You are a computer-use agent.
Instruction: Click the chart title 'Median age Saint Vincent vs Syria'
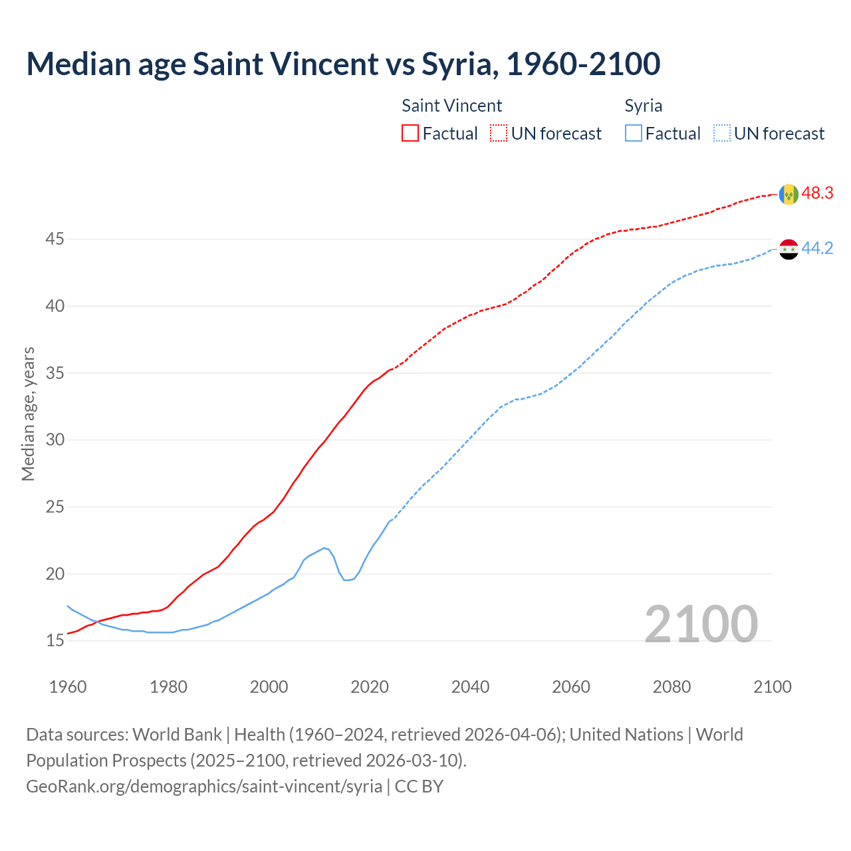343,64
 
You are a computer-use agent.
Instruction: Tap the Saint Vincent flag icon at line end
789,194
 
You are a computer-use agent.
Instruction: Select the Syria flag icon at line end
789,249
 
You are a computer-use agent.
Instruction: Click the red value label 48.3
817,193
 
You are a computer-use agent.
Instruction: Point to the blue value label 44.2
817,249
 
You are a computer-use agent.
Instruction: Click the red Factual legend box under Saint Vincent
410,134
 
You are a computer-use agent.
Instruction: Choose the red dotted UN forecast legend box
499,134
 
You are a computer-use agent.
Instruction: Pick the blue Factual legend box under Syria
634,134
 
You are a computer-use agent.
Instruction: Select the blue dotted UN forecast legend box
722,134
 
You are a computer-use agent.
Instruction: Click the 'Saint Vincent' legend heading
451,106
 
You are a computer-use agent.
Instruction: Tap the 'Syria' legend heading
643,106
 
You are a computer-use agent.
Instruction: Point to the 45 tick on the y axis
55,239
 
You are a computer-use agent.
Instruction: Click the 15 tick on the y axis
55,641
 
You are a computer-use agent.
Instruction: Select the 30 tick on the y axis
55,440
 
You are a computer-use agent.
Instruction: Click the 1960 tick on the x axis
68,687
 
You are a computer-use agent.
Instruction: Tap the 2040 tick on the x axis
470,687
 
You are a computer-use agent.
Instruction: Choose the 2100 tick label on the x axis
772,687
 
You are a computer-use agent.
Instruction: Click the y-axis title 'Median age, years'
28,414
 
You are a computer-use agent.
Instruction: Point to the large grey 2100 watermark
701,624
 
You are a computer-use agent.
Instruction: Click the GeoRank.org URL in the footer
204,787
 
